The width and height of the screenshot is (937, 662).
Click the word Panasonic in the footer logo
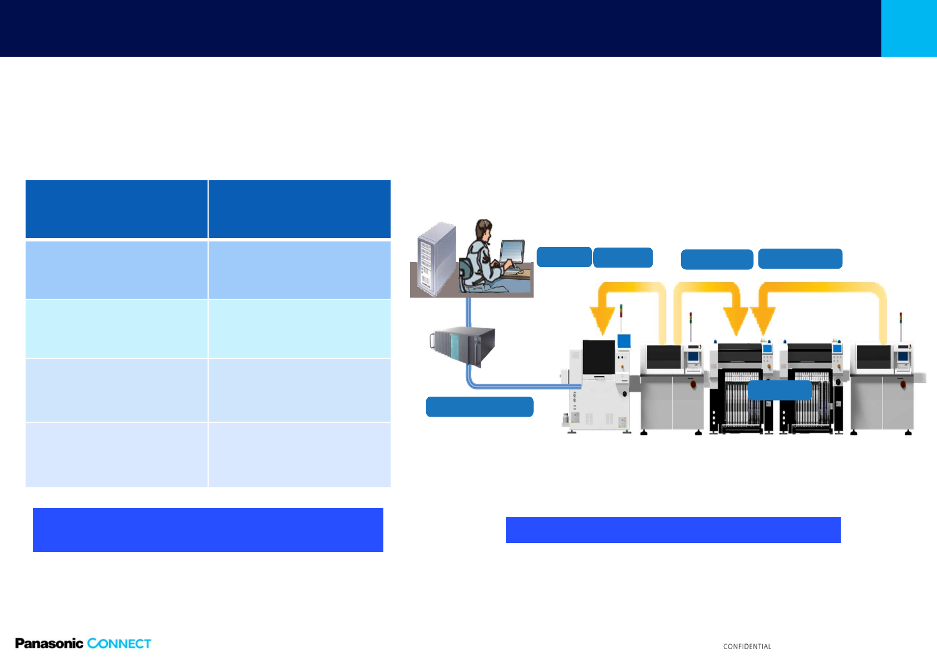click(x=50, y=643)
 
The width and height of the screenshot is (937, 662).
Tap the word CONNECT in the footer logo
click(x=119, y=644)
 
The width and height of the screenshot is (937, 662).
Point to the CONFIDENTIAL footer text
click(x=747, y=646)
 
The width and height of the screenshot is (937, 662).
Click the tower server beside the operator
click(x=436, y=259)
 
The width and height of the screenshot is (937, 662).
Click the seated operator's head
click(x=484, y=230)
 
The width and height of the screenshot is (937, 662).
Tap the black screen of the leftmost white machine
click(x=599, y=357)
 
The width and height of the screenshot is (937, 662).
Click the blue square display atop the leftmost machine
click(x=624, y=341)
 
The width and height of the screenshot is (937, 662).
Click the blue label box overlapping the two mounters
click(x=780, y=390)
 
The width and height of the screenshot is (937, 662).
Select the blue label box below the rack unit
click(x=480, y=407)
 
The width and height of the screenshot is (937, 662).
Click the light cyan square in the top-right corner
click(x=909, y=28)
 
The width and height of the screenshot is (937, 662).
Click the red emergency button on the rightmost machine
click(x=903, y=384)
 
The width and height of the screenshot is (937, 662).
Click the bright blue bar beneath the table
click(x=208, y=530)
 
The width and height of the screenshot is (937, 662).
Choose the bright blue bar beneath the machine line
click(x=673, y=530)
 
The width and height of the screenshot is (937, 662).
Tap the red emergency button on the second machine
click(x=693, y=384)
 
